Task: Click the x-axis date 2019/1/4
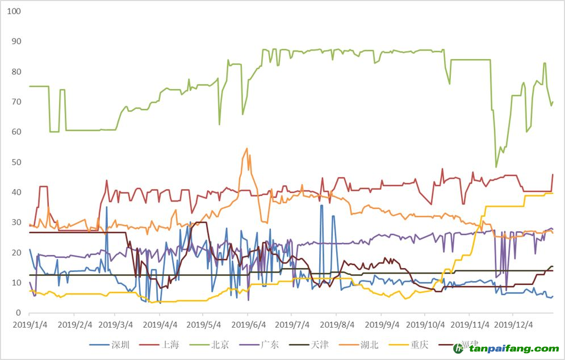30,325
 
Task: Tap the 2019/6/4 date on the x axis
248,325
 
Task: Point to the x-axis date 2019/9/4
380,325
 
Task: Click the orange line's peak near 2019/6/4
246,149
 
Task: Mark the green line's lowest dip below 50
496,167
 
